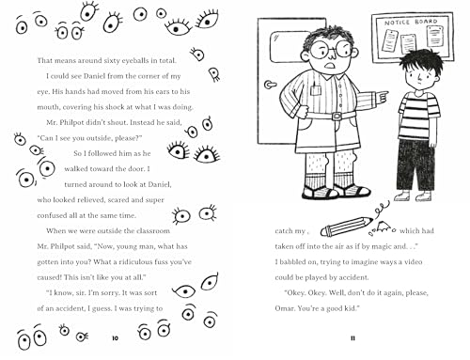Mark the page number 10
[114, 336]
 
